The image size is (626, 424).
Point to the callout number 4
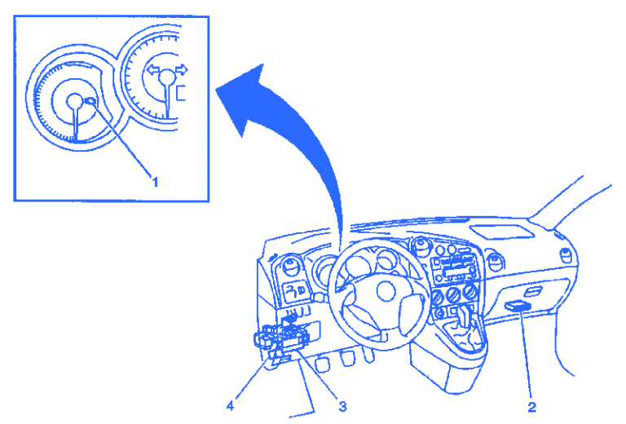(x=231, y=404)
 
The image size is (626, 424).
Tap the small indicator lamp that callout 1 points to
(x=90, y=102)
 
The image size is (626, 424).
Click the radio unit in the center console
(x=454, y=264)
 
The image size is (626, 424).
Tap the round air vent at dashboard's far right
(x=495, y=263)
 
